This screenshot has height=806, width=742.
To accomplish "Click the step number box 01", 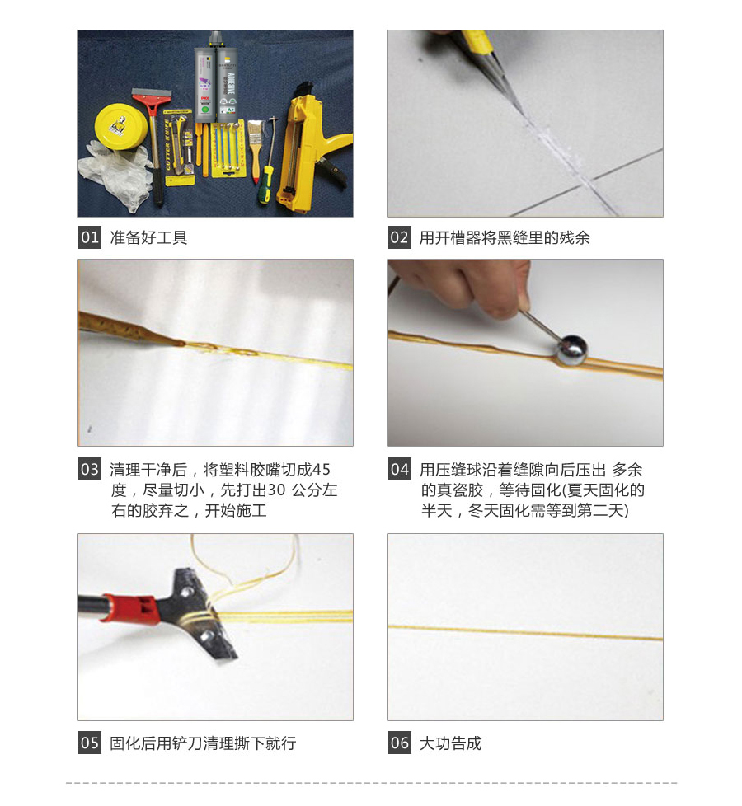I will (x=90, y=237).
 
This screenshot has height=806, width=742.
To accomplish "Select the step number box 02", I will (x=399, y=237).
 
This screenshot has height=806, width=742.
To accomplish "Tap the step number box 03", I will (x=90, y=470).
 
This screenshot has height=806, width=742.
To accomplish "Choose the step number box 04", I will (x=399, y=470).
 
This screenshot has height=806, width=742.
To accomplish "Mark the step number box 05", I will (x=90, y=743).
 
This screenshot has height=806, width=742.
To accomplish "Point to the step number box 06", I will (x=399, y=743).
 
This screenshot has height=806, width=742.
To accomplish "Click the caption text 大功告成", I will (x=450, y=743).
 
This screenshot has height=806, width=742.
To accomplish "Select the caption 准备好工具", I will (x=148, y=238).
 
